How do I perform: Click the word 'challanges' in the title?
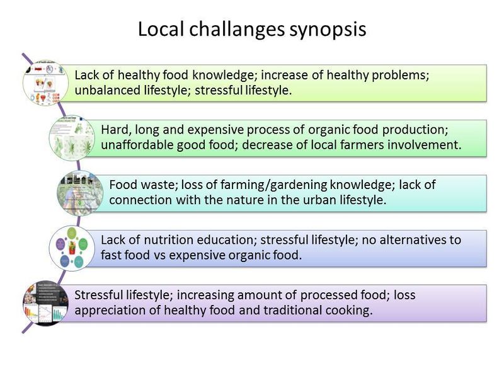[x=237, y=30]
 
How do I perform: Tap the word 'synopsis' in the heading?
[x=328, y=30]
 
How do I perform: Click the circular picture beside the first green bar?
[x=45, y=83]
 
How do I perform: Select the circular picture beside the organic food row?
[x=72, y=138]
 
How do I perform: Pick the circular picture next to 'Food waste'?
[x=81, y=193]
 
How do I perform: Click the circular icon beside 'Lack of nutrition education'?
[x=72, y=248]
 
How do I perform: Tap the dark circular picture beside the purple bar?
[x=45, y=303]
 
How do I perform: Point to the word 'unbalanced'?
[x=107, y=90]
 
